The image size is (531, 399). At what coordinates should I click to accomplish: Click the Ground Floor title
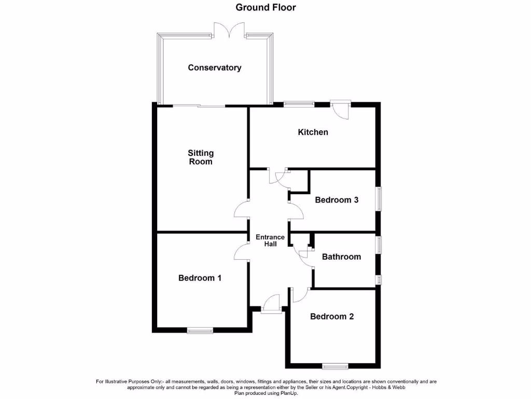[265, 7]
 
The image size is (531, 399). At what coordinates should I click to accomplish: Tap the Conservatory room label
[214, 68]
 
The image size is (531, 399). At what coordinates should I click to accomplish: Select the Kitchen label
[313, 132]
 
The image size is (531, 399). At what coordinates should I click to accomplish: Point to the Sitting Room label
[200, 157]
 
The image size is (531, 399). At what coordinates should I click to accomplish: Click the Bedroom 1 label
[200, 278]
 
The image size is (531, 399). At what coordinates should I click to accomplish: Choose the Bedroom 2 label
[332, 316]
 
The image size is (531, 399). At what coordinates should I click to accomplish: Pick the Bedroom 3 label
[337, 199]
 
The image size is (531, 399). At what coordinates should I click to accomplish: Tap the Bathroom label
[341, 257]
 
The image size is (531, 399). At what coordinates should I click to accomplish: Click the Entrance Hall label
[270, 241]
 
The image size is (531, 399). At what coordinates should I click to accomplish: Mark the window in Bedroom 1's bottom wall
[200, 330]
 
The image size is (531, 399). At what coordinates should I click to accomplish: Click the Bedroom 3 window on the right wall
[379, 199]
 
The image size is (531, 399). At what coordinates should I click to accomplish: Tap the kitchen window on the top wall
[299, 104]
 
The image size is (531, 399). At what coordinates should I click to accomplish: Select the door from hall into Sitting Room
[242, 210]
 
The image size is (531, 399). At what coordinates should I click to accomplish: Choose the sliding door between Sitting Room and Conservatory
[199, 106]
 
